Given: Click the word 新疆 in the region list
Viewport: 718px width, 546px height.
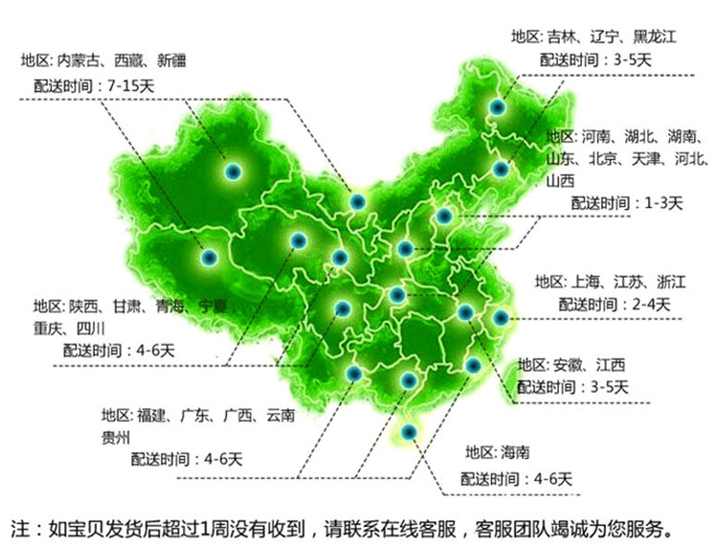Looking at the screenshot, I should [x=172, y=60].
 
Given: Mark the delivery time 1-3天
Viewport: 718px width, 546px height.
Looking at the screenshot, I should [x=663, y=203].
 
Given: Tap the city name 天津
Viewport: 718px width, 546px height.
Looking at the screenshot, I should [x=648, y=158].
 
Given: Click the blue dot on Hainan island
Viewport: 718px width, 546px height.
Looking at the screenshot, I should [x=410, y=434].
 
